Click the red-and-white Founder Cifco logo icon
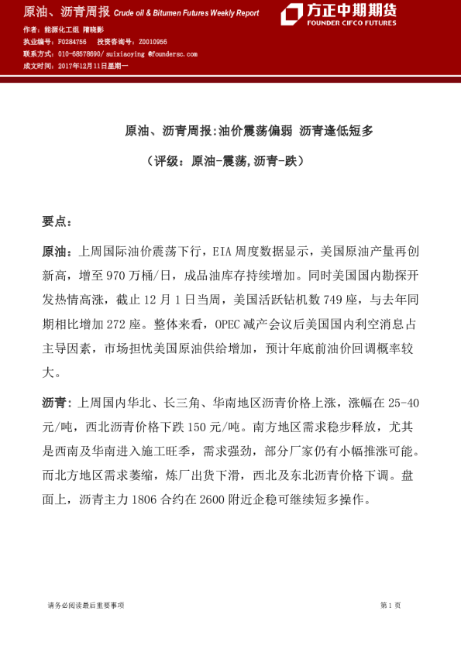click(291, 14)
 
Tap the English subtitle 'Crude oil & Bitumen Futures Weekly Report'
click(186, 14)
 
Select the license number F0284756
click(72, 42)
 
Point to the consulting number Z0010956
click(153, 42)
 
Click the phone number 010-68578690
click(80, 54)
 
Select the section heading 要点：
click(57, 221)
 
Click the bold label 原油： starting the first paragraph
click(57, 252)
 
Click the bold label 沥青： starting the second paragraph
click(57, 403)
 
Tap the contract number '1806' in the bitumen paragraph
click(145, 499)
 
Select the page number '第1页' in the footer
click(390, 606)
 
